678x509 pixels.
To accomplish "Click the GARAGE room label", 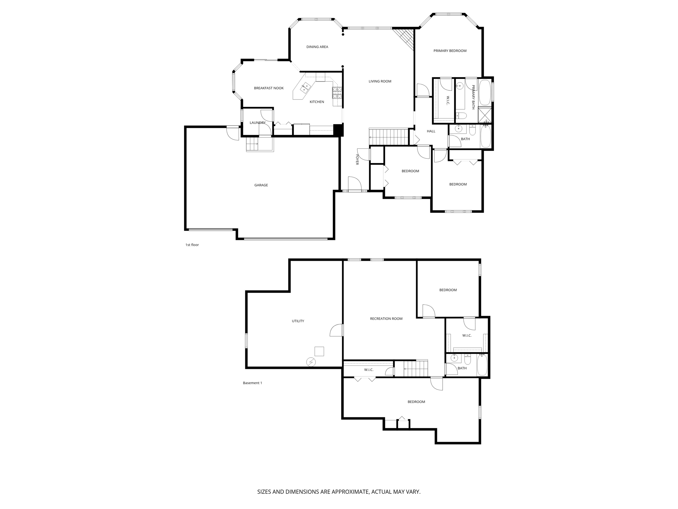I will pos(261,185).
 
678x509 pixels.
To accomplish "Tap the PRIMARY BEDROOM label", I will pos(450,51).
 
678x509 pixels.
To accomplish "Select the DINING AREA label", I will pos(317,47).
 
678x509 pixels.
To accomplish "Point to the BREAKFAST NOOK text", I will pos(268,88).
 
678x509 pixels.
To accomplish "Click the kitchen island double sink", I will pos(73,88).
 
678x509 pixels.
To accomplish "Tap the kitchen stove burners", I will pos(337,92).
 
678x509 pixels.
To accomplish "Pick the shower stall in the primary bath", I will pos(485,115).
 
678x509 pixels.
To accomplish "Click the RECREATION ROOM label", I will pos(386,319).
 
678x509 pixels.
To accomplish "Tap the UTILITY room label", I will pos(298,321).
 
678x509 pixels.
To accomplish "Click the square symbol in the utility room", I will pos(319,351).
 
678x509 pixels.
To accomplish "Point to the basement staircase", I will pos(415,369).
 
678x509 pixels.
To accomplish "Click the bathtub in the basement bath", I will pos(482,365).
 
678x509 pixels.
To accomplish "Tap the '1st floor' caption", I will pos(192,245).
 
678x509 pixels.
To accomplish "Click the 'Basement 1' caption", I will pos(252,383).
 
